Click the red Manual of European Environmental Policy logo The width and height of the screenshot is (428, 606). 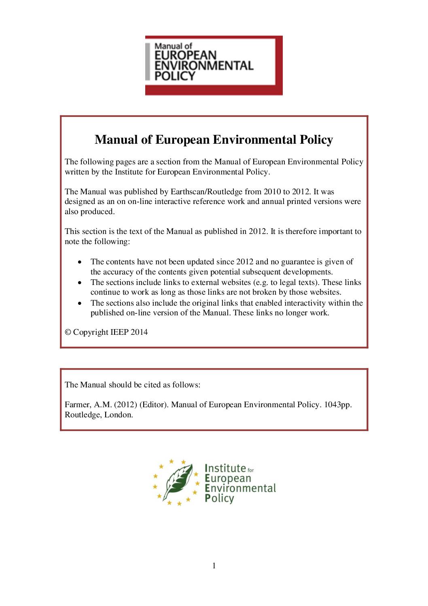pos(214,65)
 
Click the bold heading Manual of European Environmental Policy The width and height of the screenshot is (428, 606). pos(214,140)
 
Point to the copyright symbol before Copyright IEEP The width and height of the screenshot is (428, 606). pos(68,332)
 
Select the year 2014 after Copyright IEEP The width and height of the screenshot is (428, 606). pos(139,332)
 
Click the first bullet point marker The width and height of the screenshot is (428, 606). pos(81,262)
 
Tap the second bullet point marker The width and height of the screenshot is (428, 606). pos(81,283)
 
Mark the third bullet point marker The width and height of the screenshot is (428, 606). pos(81,303)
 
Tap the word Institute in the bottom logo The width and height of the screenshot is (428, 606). pos(225,468)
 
